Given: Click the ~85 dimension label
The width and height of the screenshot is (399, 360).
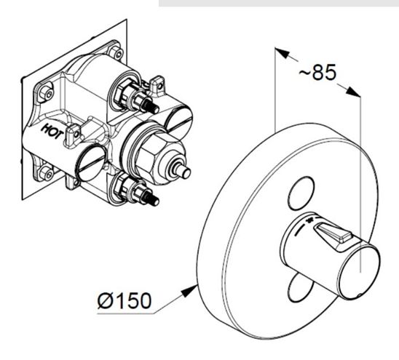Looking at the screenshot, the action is pos(317,72).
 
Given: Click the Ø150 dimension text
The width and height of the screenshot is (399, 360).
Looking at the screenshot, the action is pos(125,300).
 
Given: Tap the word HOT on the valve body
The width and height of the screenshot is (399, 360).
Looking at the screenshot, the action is pos(52,132).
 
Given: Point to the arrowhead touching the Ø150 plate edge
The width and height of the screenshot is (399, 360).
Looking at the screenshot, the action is pos(189,291).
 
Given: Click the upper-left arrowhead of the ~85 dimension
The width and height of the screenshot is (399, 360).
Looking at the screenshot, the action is pos(282,52).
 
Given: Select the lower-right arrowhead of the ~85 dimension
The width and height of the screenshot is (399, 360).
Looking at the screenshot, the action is pos(353,92).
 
